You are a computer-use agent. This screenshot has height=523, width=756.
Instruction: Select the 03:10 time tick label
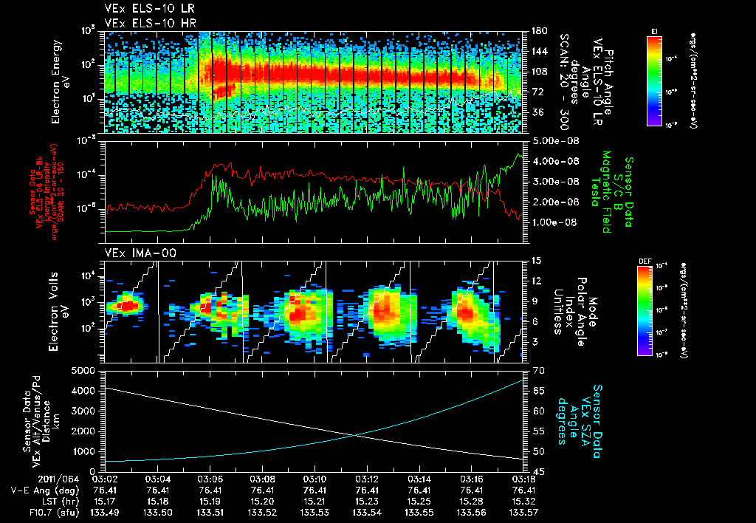[315, 479]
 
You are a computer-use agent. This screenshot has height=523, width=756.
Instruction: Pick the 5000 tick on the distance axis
[86, 370]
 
